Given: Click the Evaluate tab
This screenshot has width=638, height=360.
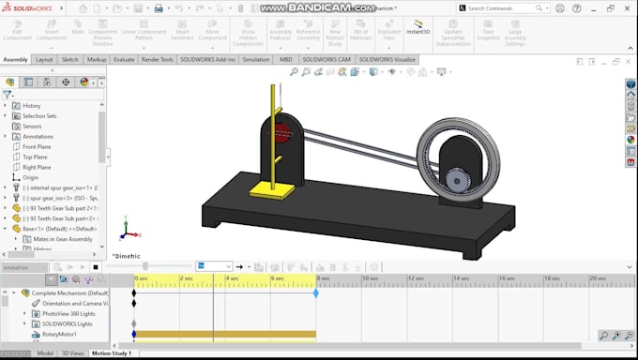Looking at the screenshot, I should pos(124,59).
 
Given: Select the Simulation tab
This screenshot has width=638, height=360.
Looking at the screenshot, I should pos(255,59).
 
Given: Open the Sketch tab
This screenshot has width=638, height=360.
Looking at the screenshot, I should pos(70,59).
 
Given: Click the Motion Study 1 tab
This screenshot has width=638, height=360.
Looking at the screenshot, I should pos(111,353).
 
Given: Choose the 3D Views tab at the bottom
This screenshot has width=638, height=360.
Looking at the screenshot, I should pos(71,353).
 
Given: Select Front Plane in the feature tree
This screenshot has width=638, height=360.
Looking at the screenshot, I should pos(36,146).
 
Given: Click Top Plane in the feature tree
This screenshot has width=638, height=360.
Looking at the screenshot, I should pos(35,157).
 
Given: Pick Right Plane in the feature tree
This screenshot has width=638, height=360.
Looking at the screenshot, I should pos(36,167).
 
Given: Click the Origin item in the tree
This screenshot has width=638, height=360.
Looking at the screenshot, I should pos(30,177).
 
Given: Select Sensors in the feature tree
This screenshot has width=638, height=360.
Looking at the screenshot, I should pos(31,126).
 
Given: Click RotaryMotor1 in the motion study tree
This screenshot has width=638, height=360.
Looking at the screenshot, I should pos(60,334).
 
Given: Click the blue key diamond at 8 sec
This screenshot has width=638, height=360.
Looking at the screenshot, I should pos(316,293).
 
